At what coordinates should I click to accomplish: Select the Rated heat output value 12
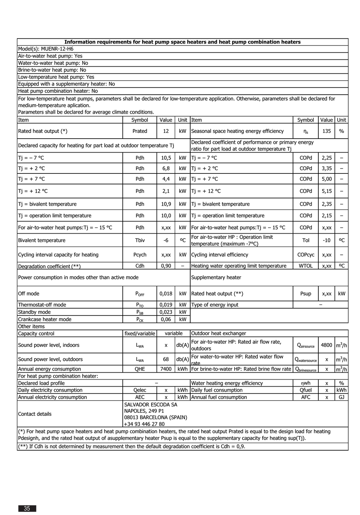166,131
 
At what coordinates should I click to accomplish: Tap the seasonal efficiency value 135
326,131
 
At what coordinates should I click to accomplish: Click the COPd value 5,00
326,179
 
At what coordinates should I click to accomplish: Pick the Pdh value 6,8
166,168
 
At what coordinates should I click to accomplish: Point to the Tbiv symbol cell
140,240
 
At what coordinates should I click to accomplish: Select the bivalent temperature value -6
166,240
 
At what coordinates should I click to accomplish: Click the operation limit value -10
326,240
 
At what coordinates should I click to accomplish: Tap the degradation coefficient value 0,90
166,266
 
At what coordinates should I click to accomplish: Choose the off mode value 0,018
166,293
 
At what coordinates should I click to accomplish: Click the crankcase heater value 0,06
166,319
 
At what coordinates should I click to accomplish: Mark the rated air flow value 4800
326,345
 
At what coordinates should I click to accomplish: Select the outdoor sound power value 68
166,359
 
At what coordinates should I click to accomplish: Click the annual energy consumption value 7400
166,369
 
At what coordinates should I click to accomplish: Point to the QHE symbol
140,369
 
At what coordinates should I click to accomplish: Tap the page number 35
27,509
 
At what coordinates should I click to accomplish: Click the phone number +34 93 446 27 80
144,424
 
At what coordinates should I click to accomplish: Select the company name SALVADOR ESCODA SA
150,404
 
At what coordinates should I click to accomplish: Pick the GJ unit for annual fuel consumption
341,397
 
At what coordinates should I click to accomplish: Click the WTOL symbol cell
306,266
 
